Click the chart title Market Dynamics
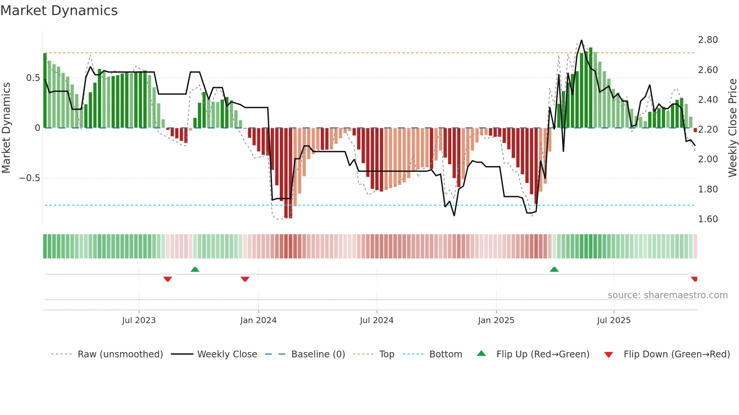(x=59, y=11)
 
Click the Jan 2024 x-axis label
(x=258, y=320)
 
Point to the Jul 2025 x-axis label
(x=613, y=320)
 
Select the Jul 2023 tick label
(x=139, y=320)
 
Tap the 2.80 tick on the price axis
(x=708, y=40)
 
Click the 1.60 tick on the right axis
(x=708, y=219)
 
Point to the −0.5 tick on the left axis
(x=29, y=178)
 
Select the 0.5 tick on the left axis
(x=33, y=78)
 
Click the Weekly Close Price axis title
(x=732, y=128)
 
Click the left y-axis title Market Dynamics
(x=6, y=128)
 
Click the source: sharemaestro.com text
(x=667, y=295)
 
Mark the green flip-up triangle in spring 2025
(x=554, y=270)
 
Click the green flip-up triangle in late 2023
(x=195, y=270)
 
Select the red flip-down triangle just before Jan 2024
(x=245, y=279)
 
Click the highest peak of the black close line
(x=581, y=40)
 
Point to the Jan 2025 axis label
(x=496, y=320)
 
